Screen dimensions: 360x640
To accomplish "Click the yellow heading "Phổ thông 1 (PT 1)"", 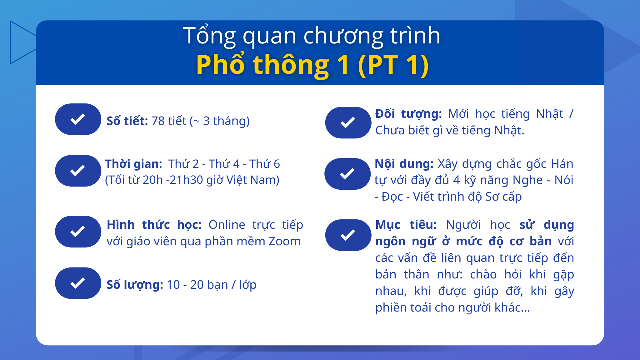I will coord(312,65).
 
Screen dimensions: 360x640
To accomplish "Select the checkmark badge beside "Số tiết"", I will coord(78,119).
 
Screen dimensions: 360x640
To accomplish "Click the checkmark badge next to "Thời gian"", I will coord(78,171).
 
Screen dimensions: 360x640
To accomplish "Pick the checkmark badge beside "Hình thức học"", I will coord(78,232).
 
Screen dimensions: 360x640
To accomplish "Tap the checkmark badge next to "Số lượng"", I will coord(78,283).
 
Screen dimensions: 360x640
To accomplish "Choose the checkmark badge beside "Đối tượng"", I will coord(348,122).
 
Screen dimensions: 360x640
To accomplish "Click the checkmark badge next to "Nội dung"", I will coord(347,174).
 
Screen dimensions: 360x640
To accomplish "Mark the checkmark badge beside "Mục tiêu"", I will coord(348,235).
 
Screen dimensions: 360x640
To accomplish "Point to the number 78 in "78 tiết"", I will coord(158,121).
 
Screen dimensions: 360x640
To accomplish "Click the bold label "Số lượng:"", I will coord(135,285).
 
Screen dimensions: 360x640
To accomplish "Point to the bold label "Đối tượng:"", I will coord(408,114).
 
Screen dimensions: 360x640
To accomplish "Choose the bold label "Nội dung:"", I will coord(404,164).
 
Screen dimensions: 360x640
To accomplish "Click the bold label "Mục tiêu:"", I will coord(406,225).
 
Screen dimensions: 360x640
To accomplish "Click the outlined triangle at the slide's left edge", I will coord(22,42).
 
